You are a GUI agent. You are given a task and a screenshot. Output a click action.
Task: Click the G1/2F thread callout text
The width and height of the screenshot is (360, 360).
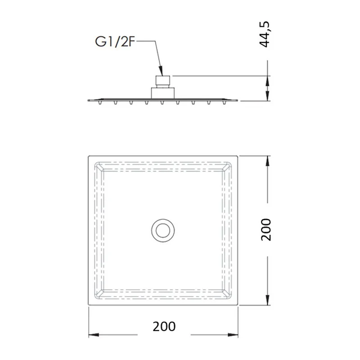click(115, 42)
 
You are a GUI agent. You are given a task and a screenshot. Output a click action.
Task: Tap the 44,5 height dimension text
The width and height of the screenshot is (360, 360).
click(265, 35)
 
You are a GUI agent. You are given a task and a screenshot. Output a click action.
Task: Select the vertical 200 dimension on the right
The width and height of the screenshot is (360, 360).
click(266, 229)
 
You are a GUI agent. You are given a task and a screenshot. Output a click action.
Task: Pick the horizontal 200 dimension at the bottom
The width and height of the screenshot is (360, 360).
click(164, 326)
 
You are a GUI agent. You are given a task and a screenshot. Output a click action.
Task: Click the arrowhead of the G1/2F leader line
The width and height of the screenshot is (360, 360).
click(161, 71)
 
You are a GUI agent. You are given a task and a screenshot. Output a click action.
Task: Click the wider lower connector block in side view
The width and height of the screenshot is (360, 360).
click(163, 93)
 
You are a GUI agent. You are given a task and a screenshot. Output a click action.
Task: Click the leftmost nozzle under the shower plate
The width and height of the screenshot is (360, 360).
click(99, 103)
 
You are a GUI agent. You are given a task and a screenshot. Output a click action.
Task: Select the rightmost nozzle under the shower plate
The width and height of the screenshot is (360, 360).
click(224, 103)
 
